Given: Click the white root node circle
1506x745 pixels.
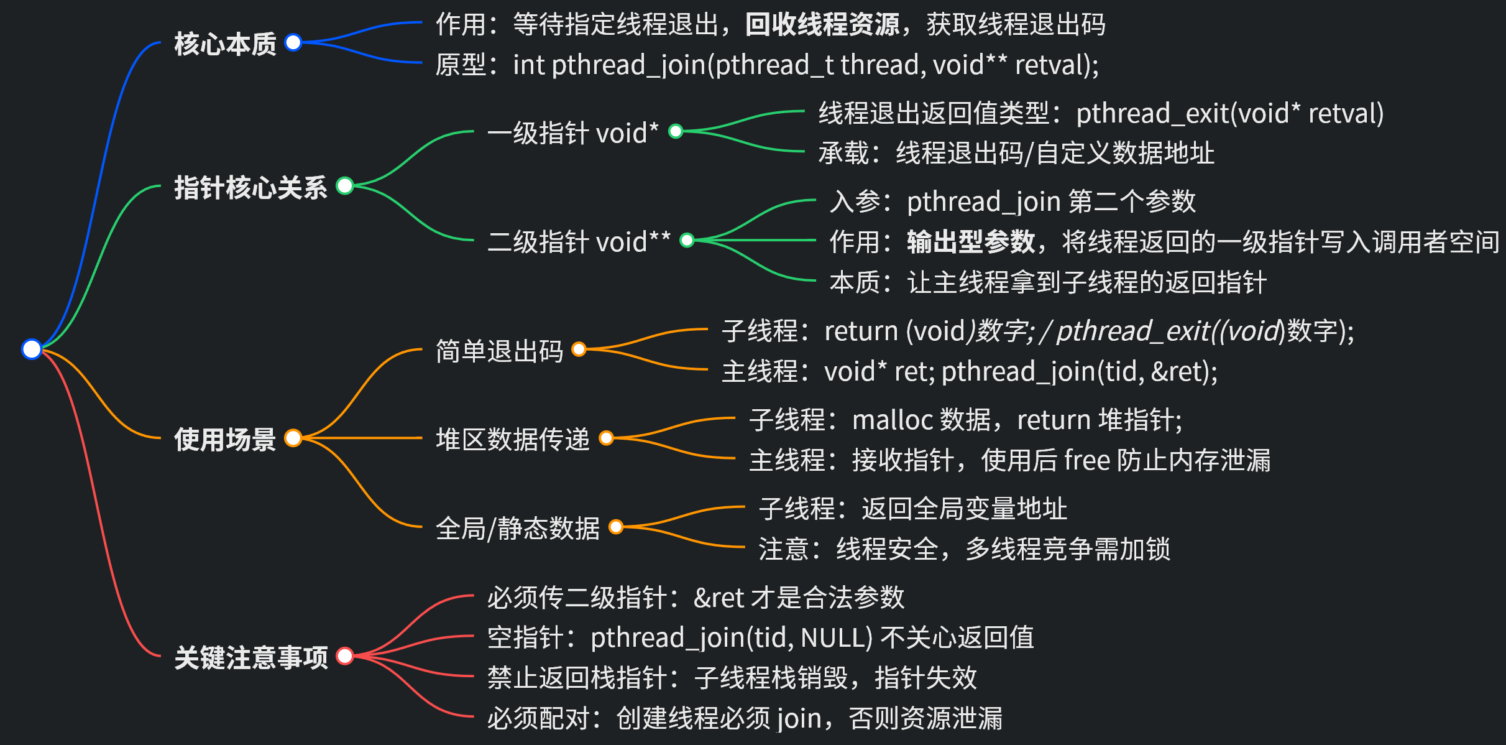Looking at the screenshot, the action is pyautogui.click(x=31, y=349).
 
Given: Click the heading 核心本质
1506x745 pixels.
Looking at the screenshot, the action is pyautogui.click(x=225, y=44).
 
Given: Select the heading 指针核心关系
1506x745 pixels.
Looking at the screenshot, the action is pyautogui.click(x=250, y=187).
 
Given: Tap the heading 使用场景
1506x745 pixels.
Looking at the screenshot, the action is pyautogui.click(x=225, y=440).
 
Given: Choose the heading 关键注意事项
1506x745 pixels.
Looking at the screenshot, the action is pyautogui.click(x=250, y=657).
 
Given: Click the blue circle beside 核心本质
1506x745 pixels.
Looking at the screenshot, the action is pyautogui.click(x=293, y=42).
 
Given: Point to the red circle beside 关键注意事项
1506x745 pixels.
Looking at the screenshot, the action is pyautogui.click(x=344, y=655).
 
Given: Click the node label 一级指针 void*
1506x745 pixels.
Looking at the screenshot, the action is pyautogui.click(x=572, y=133).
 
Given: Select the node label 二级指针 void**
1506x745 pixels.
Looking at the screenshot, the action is pyautogui.click(x=579, y=242).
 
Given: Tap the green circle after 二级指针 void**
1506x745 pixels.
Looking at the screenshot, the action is pyautogui.click(x=687, y=240).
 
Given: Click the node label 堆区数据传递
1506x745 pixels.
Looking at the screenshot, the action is pyautogui.click(x=512, y=440).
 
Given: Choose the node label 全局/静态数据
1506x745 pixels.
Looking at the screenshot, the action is pyautogui.click(x=517, y=529).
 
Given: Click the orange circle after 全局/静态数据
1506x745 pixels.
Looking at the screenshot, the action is pyautogui.click(x=615, y=527).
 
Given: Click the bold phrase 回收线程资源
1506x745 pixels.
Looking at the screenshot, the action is pyautogui.click(x=822, y=25).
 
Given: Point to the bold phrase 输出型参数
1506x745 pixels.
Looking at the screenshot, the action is pyautogui.click(x=971, y=242).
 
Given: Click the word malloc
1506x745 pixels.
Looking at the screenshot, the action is pyautogui.click(x=892, y=420).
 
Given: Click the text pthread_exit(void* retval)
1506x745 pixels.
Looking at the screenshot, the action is pyautogui.click(x=1229, y=114).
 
